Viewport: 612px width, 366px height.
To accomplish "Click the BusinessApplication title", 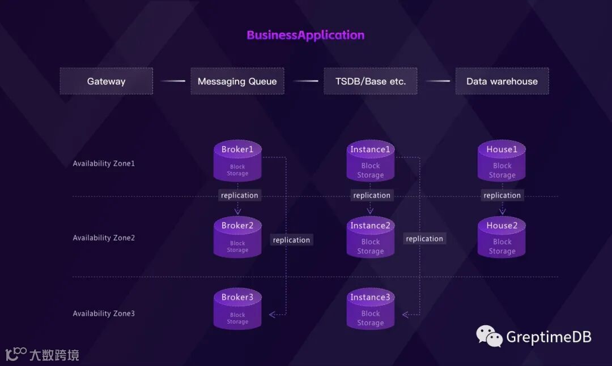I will [305, 35].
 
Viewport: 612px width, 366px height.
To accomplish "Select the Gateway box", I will [107, 81].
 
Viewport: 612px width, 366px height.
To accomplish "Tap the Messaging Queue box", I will [237, 81].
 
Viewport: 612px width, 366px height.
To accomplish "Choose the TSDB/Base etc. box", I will [371, 81].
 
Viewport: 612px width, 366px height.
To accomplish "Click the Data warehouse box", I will [502, 81].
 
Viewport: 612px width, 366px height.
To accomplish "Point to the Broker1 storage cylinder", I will [237, 161].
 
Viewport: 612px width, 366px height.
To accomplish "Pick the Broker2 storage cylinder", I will [237, 238].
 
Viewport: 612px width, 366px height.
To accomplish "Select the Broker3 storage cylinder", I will [237, 309].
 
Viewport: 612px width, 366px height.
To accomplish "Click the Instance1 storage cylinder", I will [371, 161].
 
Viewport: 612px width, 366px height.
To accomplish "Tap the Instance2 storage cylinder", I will [371, 238].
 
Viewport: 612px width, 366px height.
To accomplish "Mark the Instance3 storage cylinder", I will [371, 309].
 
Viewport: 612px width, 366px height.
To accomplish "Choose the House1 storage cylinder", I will [502, 161].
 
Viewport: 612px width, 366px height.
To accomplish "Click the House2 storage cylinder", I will [502, 238].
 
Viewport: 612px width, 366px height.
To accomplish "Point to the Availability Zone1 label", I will [104, 163].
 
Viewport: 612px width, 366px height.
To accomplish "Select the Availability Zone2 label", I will [104, 238].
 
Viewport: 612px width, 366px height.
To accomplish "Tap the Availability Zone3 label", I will [104, 313].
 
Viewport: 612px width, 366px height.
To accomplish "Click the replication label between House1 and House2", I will [502, 195].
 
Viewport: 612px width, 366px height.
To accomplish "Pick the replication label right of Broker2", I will [291, 240].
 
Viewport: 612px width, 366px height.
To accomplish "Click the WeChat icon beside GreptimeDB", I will [489, 335].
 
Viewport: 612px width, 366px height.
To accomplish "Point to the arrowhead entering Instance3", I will [406, 315].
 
